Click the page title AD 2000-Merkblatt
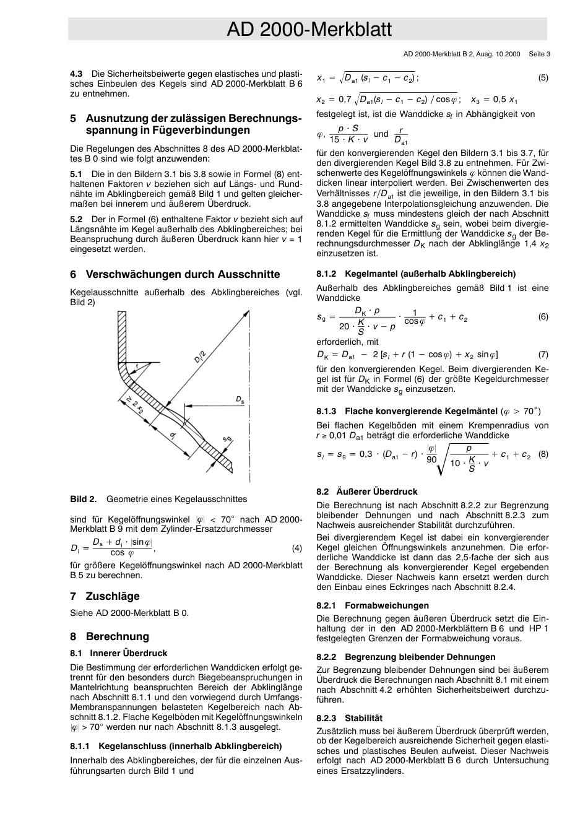pos(309,29)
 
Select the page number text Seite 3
pos(539,54)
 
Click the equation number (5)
pos(543,78)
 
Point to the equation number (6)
pos(543,317)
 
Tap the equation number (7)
pos(543,355)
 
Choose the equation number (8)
pos(543,454)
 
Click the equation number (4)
pos(297,548)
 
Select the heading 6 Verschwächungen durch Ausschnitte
pos(175,274)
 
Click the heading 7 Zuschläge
pos(105,596)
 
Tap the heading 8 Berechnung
pos(110,636)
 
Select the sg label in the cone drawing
pos(227,440)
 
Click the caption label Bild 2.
pos(84,499)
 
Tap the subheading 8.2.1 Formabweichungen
pos(372,605)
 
